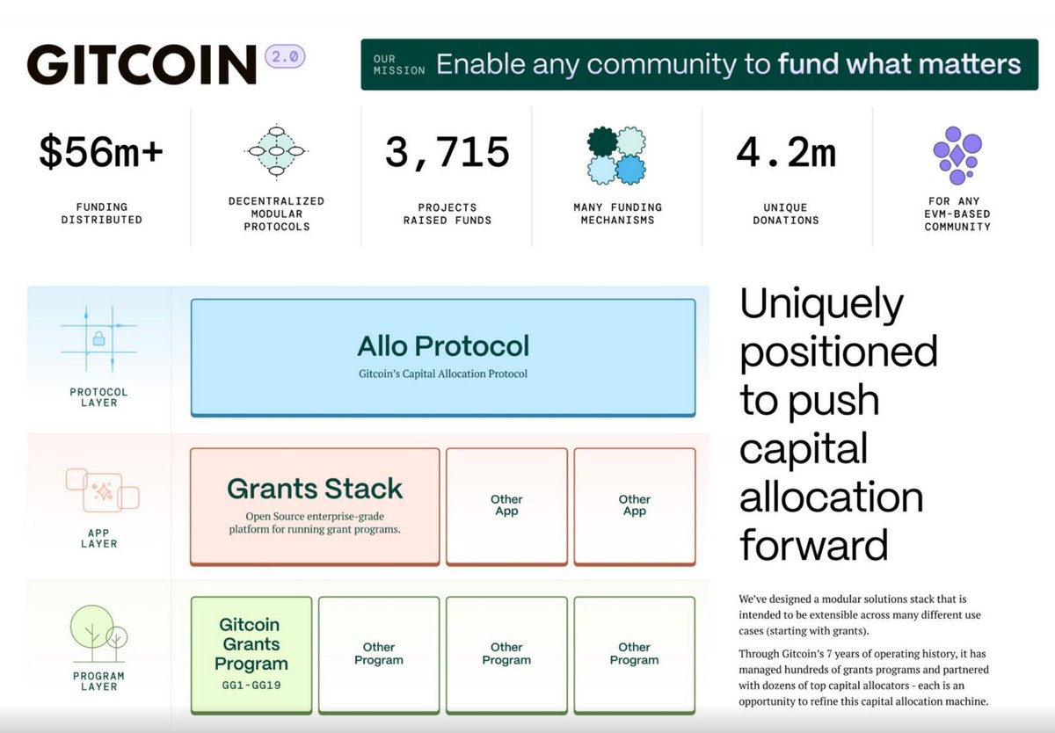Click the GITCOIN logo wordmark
141,64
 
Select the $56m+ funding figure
101,153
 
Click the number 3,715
447,153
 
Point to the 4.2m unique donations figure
786,153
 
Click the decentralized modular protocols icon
274,152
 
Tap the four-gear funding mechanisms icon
616,156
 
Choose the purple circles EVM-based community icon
957,154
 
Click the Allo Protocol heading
443,345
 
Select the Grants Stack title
315,489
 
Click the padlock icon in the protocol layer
98,338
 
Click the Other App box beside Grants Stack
506,505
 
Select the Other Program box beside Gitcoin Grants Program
379,654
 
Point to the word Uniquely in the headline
821,304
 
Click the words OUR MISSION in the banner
398,64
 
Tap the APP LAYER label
98,537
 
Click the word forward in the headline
813,545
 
